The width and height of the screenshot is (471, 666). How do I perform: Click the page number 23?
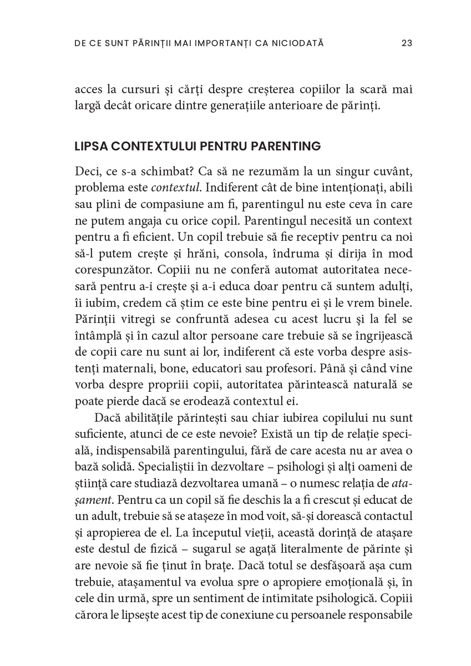click(x=406, y=43)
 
